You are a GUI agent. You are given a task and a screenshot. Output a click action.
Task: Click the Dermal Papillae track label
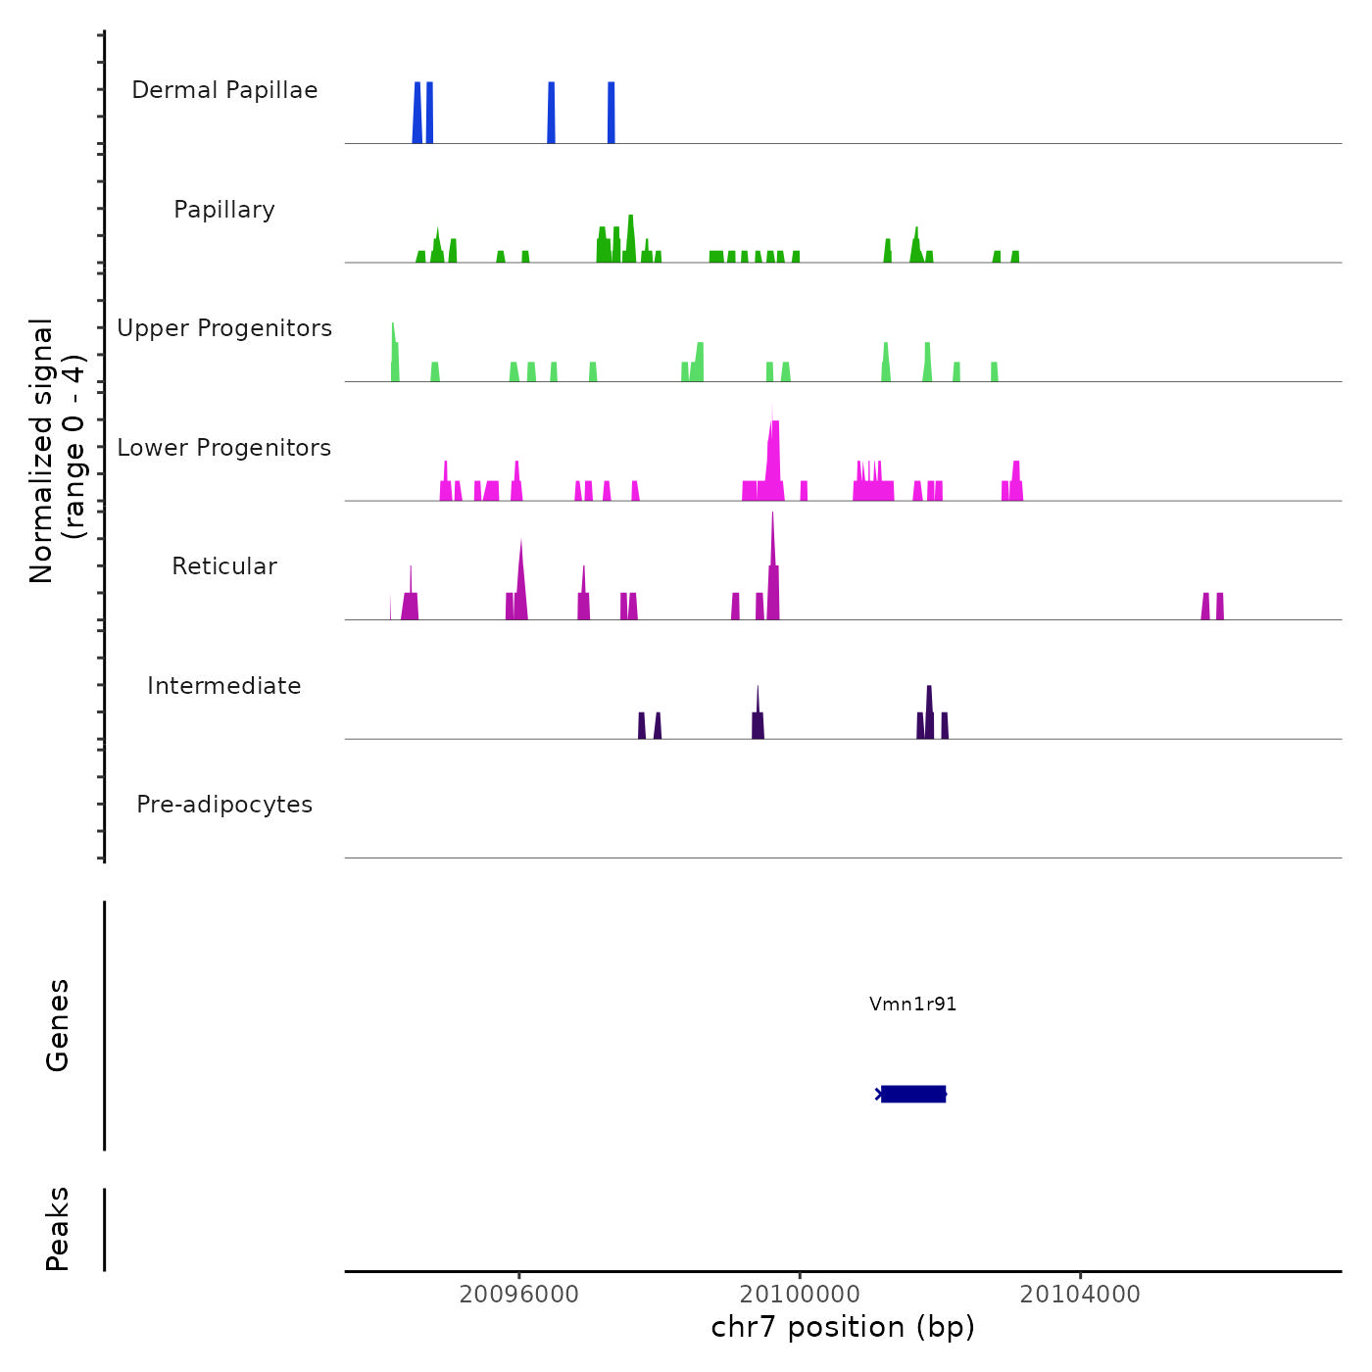[224, 90]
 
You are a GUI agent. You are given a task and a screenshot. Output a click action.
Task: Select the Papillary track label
[224, 210]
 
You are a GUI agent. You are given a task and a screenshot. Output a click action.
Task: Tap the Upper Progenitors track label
[224, 328]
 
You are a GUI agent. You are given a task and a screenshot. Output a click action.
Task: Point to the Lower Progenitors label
[224, 448]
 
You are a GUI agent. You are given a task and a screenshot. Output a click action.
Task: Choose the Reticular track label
[224, 566]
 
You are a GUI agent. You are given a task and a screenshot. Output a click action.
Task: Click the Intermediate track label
[224, 686]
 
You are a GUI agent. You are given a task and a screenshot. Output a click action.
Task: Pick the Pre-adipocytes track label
[224, 805]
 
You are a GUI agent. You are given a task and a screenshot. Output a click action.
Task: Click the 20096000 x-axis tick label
[518, 1295]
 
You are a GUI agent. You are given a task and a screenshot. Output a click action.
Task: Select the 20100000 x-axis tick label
[800, 1295]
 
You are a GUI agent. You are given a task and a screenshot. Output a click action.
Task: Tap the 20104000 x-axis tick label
[1080, 1295]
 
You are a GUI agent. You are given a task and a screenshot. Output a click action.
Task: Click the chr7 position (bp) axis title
[843, 1327]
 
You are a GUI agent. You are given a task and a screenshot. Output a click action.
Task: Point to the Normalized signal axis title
[57, 451]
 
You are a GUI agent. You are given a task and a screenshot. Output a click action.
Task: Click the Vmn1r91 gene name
[912, 1004]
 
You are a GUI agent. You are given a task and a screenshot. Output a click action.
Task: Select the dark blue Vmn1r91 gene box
[912, 1094]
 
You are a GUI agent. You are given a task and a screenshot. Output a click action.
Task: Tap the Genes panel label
[58, 1025]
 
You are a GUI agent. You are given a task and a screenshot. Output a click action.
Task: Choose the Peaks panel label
[58, 1229]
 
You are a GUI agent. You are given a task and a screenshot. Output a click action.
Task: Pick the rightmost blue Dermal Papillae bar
[612, 113]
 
